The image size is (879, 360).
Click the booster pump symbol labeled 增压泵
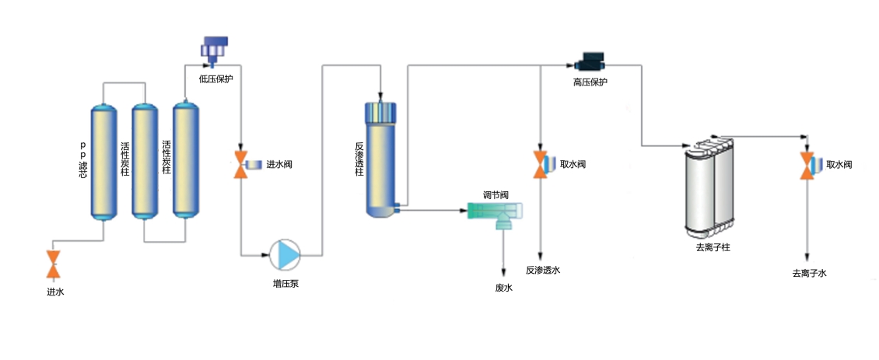point(285,253)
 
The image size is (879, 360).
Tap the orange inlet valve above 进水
point(54,264)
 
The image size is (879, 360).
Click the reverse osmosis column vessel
point(381,159)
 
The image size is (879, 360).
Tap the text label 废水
point(504,288)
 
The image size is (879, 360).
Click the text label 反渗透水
point(542,271)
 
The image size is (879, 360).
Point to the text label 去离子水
point(809,274)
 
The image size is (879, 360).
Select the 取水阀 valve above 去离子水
point(807,166)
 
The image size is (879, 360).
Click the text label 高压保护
point(590,82)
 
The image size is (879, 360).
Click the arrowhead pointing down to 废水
point(504,272)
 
